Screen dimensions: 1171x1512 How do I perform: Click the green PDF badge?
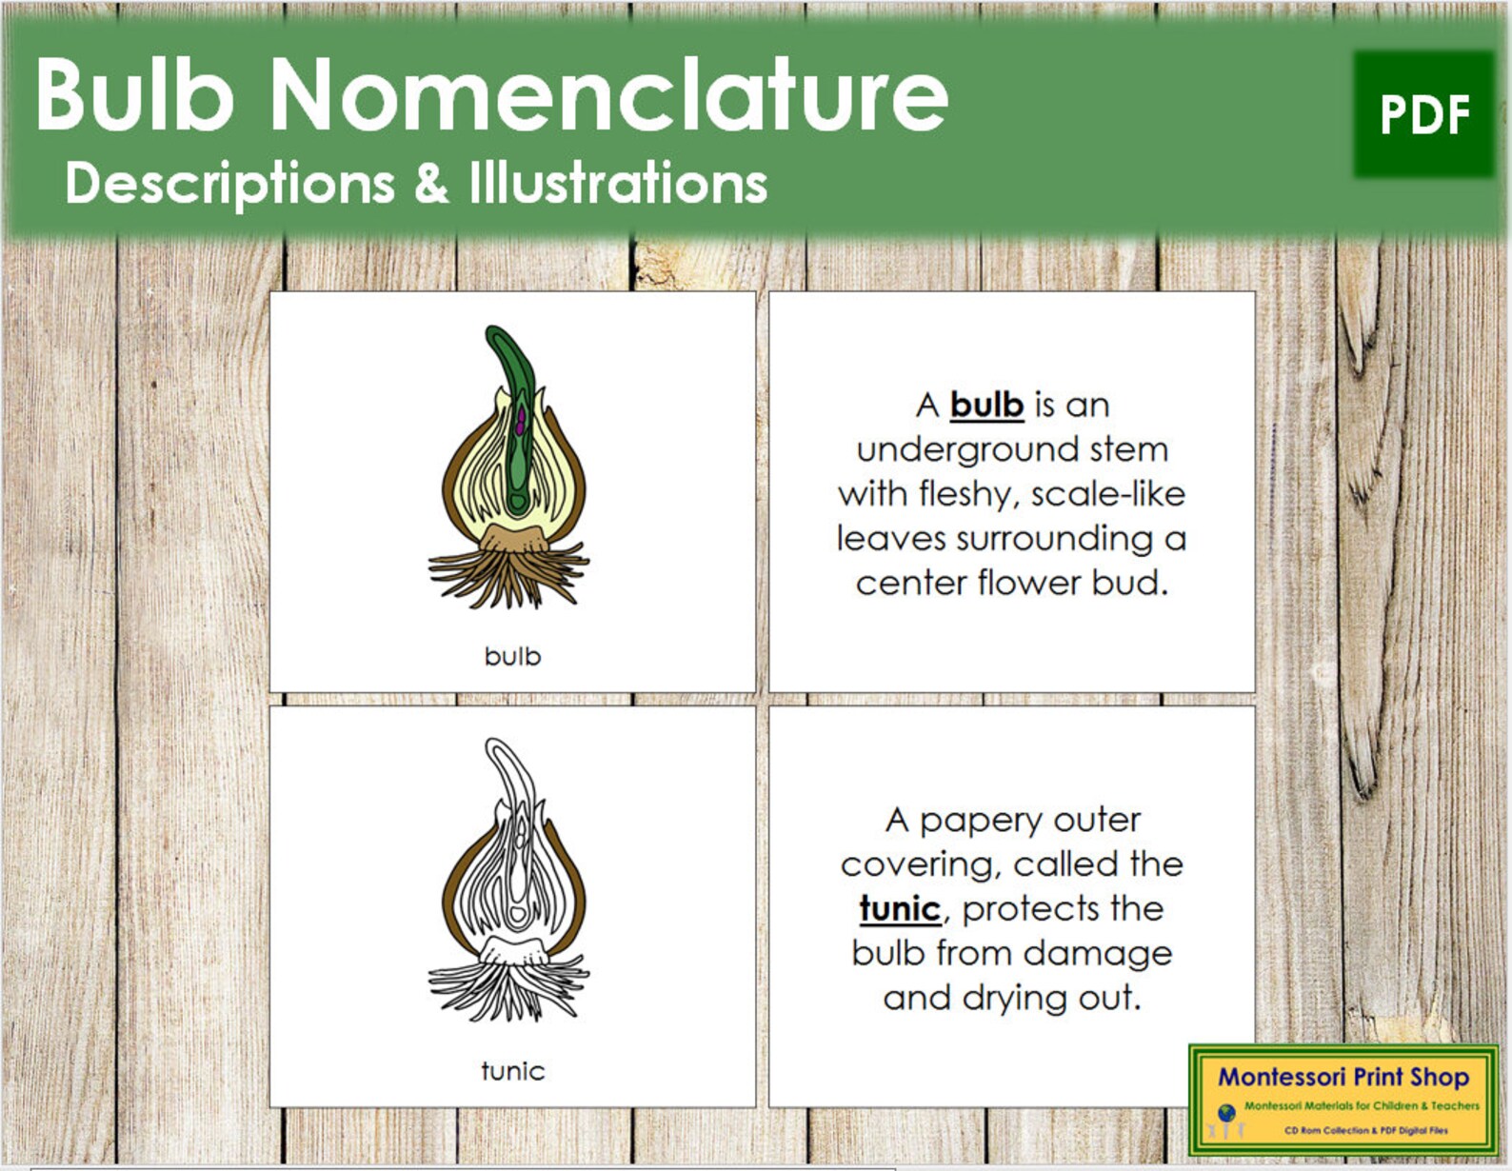1423,114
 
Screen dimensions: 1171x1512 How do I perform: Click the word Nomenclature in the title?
608,94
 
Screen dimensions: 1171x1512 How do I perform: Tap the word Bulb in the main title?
134,94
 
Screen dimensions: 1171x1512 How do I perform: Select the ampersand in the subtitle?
431,182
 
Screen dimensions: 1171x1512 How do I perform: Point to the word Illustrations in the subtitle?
618,182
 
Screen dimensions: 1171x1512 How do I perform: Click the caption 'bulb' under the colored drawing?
512,656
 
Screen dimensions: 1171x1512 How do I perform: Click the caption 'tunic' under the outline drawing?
512,1071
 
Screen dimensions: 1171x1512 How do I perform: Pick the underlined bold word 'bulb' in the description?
986,405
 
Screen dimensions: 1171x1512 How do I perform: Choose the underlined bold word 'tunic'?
900,908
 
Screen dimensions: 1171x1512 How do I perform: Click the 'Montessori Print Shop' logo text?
1343,1077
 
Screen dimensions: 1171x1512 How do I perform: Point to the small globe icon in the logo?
1226,1112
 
